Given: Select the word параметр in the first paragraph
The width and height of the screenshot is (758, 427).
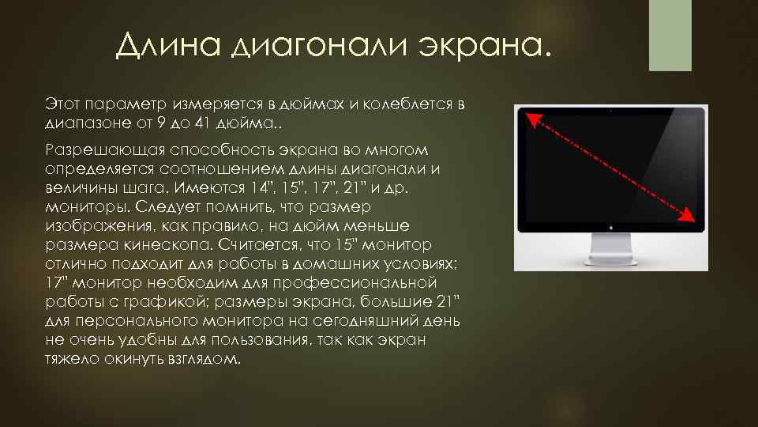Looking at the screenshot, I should [x=121, y=104].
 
